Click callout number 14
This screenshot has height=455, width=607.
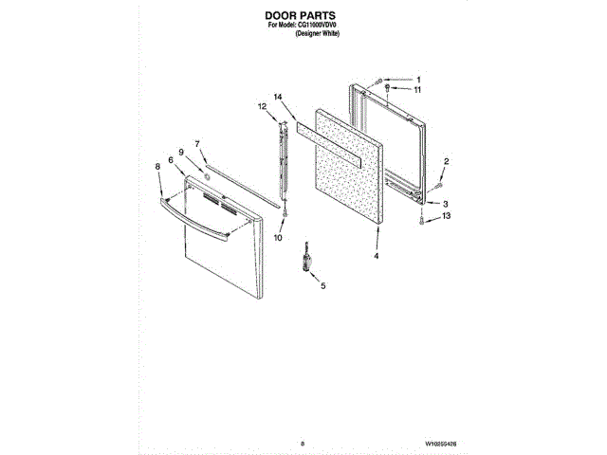[278, 98]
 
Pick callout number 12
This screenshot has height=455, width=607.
[264, 109]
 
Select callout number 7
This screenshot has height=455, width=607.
[198, 143]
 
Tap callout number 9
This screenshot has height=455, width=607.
[180, 153]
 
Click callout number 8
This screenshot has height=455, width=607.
[157, 166]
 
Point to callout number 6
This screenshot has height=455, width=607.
[172, 161]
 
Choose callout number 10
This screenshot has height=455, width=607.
[278, 238]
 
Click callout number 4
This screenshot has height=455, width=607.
[376, 256]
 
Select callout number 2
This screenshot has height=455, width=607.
[448, 162]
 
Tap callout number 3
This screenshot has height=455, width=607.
[445, 204]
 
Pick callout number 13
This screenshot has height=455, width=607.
[445, 216]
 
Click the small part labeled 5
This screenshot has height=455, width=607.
[306, 258]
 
